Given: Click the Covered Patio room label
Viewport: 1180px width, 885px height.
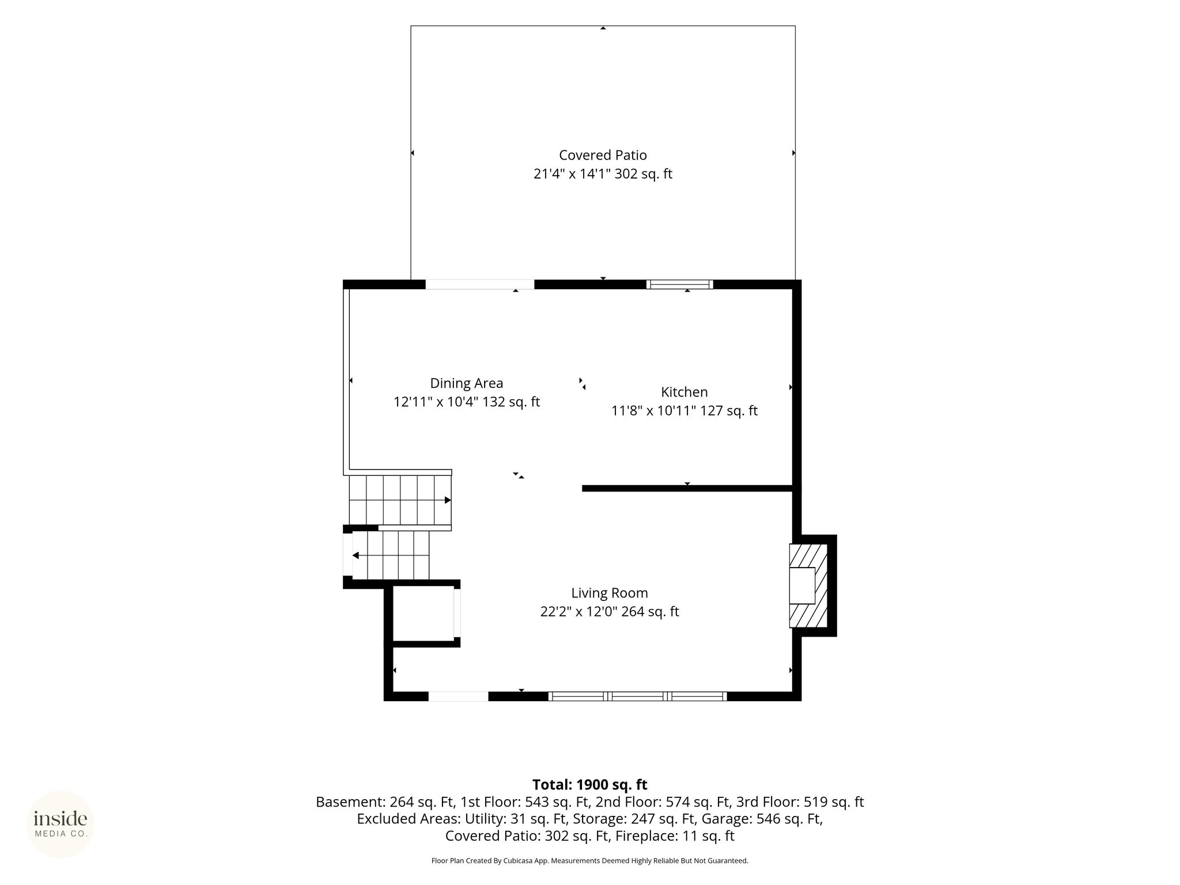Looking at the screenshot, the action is [x=603, y=155].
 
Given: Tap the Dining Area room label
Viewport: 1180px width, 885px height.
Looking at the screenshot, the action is [x=467, y=383].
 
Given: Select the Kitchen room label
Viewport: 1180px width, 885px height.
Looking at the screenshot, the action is [x=684, y=392].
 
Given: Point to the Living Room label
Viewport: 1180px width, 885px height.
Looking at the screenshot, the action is [x=610, y=593].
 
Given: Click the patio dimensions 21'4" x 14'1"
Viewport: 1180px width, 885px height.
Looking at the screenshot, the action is [x=572, y=173].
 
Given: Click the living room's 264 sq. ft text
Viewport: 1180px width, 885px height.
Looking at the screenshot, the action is [x=650, y=611].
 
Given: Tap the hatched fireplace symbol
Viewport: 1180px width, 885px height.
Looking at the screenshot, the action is [x=808, y=585].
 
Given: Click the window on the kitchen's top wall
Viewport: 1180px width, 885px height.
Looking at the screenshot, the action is [x=680, y=284].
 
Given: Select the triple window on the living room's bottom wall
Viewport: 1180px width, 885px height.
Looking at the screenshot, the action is [x=637, y=696].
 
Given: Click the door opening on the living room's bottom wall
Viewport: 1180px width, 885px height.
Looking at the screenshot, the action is [x=459, y=696].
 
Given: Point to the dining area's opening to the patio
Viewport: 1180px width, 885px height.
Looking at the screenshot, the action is [x=480, y=284].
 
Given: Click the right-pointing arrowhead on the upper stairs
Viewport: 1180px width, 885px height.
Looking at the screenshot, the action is [x=448, y=500].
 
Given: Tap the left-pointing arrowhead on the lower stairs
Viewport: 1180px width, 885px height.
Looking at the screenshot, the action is [x=355, y=555].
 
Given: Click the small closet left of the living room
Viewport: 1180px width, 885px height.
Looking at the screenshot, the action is [x=423, y=613].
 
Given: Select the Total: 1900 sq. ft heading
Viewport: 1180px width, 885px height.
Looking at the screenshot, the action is [x=590, y=785].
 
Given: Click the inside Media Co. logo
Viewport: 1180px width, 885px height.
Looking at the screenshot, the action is [x=60, y=825].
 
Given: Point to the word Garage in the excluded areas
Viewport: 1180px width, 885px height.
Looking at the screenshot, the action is [x=733, y=819].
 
